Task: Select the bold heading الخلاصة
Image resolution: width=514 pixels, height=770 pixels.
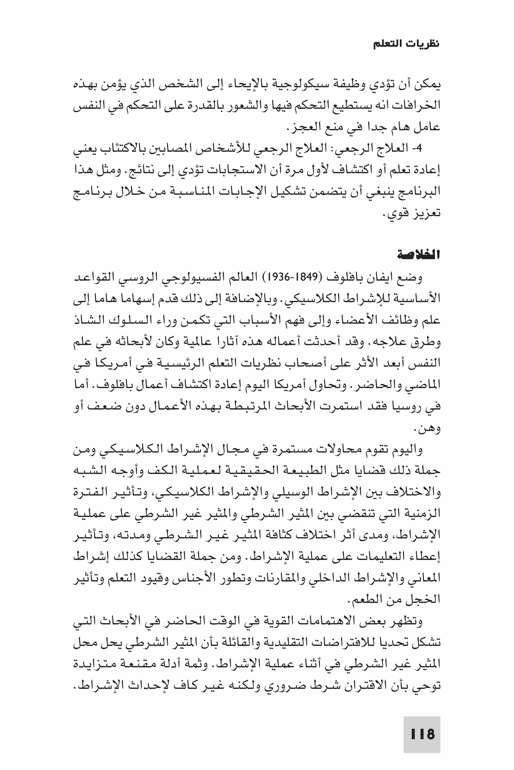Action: click(x=419, y=255)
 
